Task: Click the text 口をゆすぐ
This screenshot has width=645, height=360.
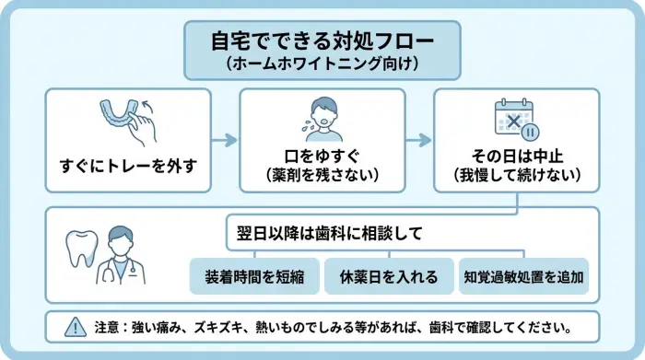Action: [x=322, y=155]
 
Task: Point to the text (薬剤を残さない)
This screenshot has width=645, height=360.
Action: [x=322, y=174]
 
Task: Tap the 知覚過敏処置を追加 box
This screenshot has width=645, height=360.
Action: [x=522, y=276]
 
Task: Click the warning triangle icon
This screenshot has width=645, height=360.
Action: [x=73, y=327]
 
